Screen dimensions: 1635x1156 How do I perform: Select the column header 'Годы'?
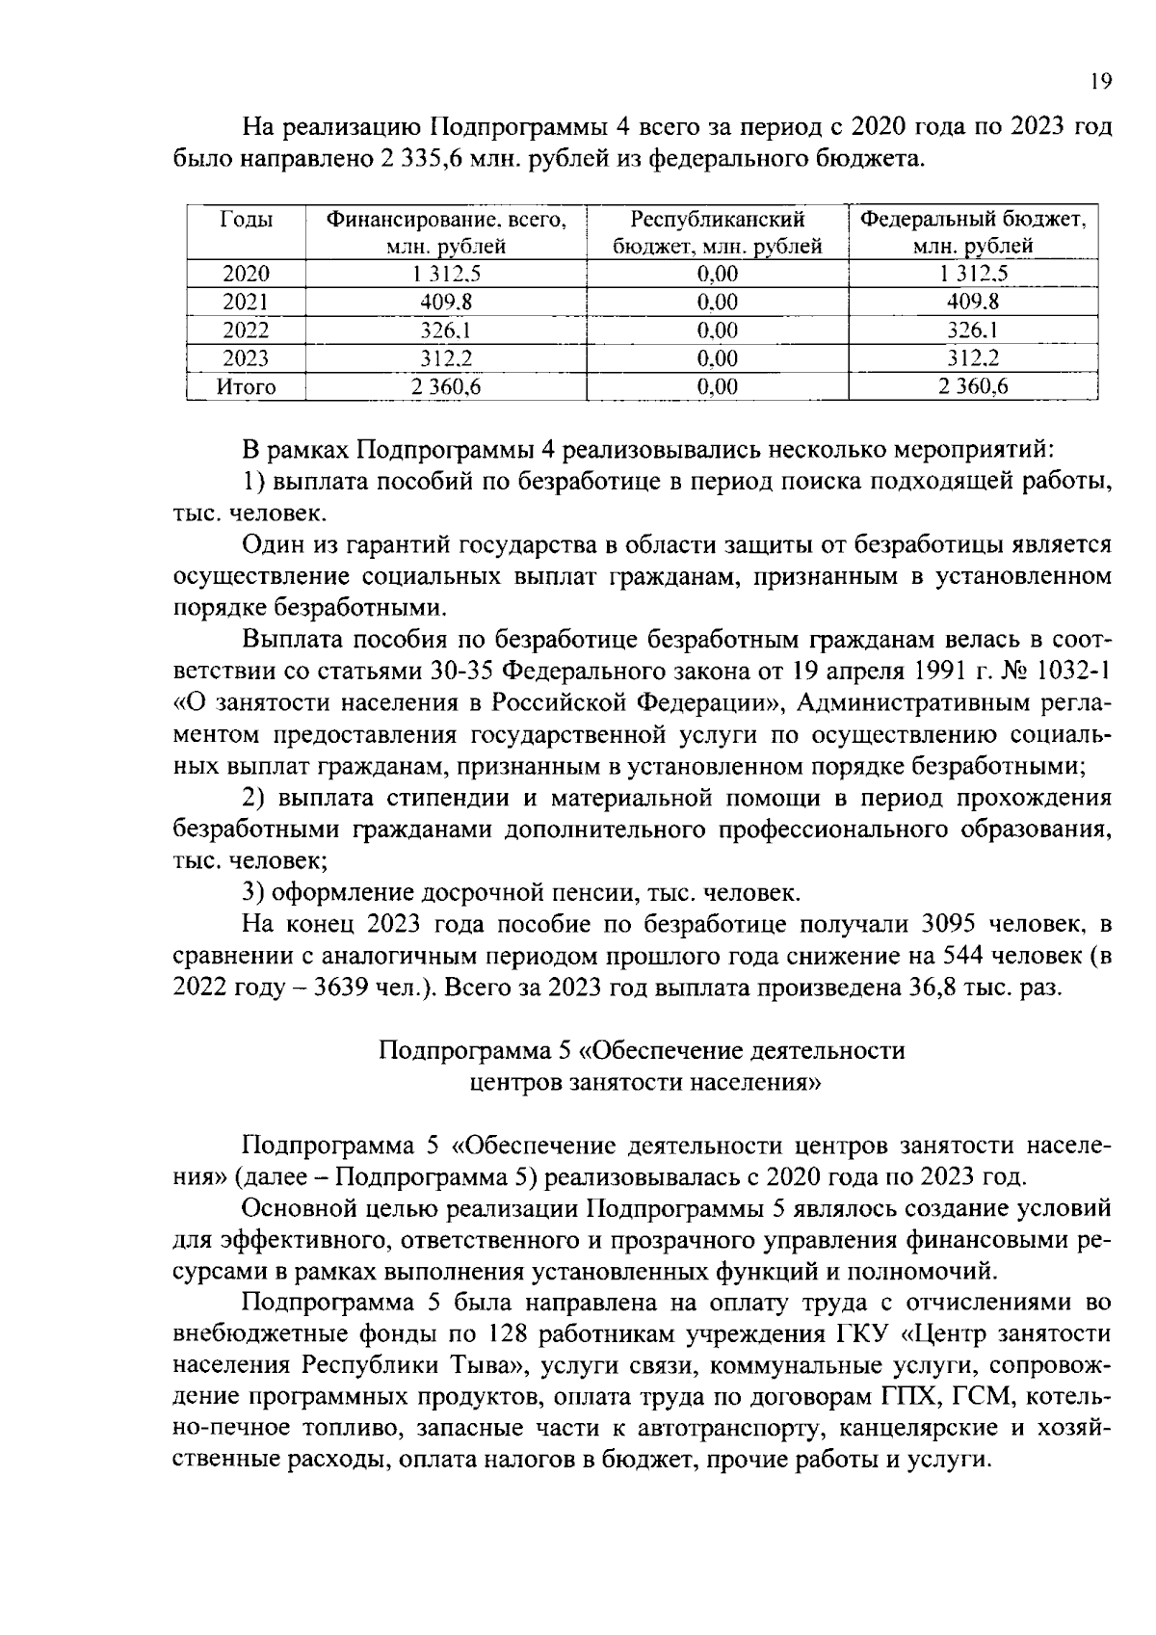coord(246,220)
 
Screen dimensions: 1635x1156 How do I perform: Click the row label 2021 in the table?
coord(246,303)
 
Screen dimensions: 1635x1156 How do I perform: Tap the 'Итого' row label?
coord(246,387)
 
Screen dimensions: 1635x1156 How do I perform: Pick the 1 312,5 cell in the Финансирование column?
coord(445,275)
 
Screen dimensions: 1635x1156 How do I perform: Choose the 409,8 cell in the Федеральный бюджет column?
coord(973,303)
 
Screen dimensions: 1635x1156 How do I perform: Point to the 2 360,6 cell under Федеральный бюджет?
coord(973,387)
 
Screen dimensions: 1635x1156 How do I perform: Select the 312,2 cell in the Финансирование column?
coord(445,359)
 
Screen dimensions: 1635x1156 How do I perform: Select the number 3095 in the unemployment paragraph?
coord(955,925)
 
